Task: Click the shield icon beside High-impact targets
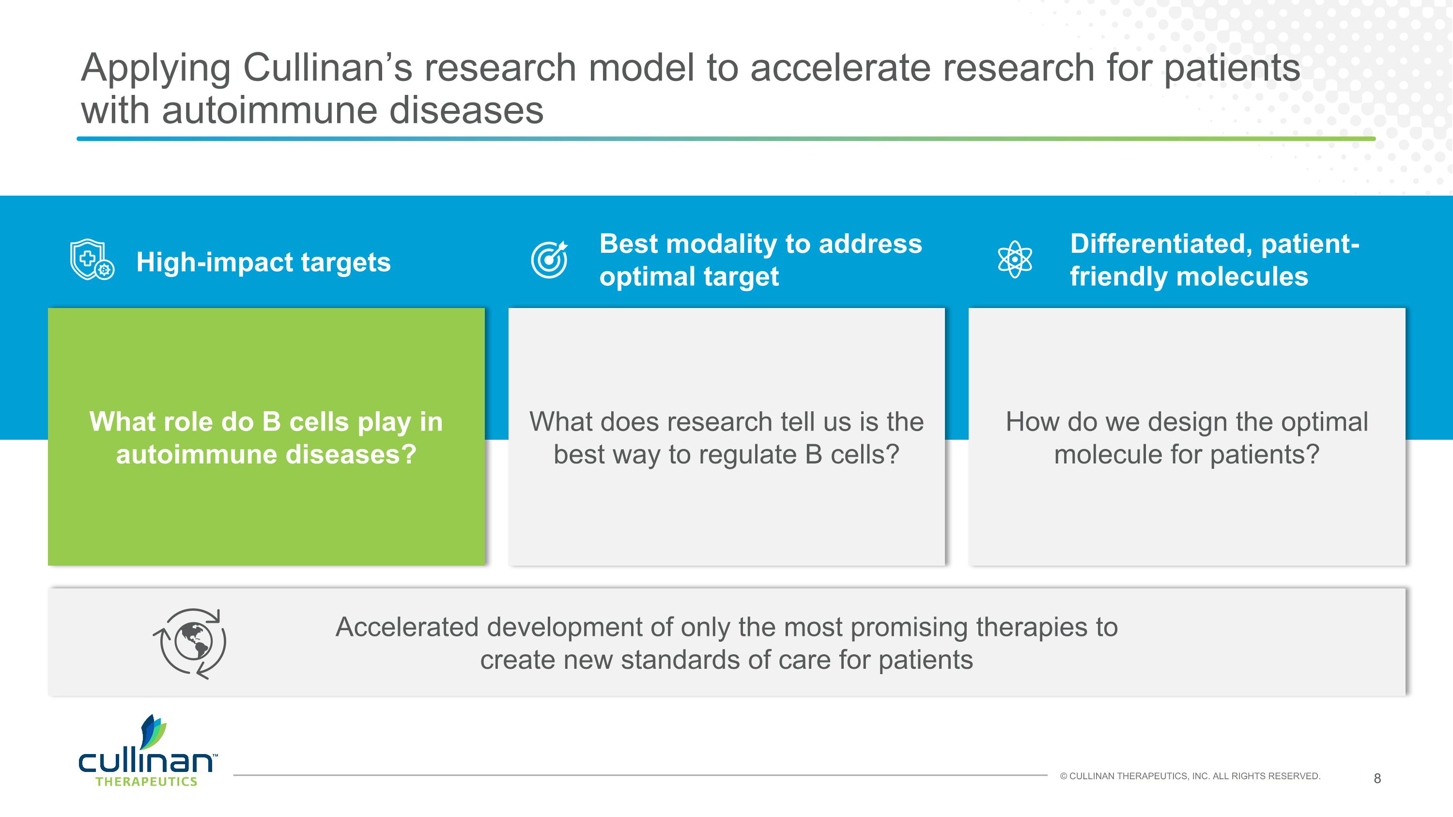92,260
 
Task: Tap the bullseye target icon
549,260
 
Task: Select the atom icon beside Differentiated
1014,260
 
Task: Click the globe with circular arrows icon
190,643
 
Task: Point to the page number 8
1377,779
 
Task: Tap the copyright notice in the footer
1190,776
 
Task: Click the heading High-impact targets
263,262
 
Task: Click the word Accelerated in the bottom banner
407,628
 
